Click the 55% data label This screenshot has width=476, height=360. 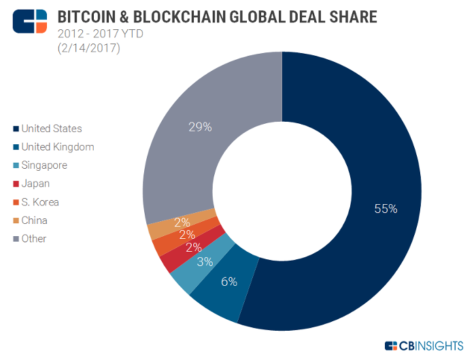(x=386, y=209)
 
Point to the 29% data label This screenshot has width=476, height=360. (x=201, y=127)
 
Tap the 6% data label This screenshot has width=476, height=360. (x=228, y=282)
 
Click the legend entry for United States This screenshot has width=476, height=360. (x=51, y=128)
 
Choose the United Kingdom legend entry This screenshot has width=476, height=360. (x=57, y=146)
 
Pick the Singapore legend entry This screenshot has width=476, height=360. (x=44, y=165)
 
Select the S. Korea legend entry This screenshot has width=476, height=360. (x=39, y=202)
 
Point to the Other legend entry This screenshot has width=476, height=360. (x=33, y=239)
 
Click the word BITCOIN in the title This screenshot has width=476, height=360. (x=85, y=16)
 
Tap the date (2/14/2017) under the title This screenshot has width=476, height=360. (x=88, y=48)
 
